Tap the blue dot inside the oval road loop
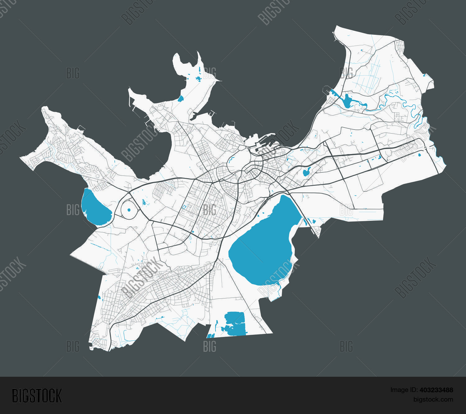[x=129, y=210]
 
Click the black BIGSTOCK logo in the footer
[x=37, y=396]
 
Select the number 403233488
[x=436, y=390]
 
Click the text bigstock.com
[x=433, y=399]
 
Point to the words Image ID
[x=404, y=390]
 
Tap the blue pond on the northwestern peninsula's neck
[x=180, y=99]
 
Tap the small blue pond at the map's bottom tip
[x=211, y=336]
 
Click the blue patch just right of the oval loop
[x=144, y=202]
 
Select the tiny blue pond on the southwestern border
[x=99, y=298]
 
